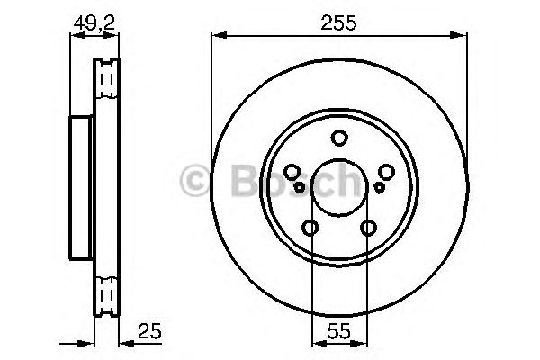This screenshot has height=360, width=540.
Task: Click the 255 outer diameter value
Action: pos(338,24)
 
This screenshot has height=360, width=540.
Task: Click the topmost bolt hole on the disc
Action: pos(339,138)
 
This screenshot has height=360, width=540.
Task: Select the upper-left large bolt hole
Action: pos(292,174)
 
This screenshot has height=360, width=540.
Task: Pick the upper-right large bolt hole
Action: pos(387,174)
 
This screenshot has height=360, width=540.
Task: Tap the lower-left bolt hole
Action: pos(310,229)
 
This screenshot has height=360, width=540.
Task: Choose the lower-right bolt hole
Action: pos(369,229)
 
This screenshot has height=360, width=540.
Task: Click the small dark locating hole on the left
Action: pos(299,187)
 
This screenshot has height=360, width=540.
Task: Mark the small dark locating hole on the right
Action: pos(380,187)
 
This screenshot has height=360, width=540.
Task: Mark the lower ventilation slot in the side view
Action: pos(107,293)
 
